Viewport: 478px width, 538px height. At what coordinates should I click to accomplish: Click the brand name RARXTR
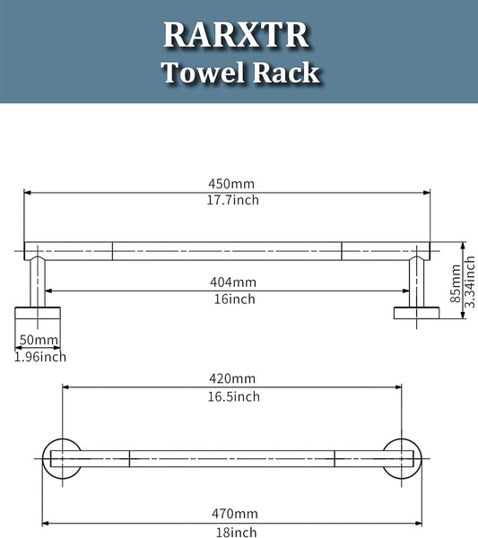[x=236, y=35]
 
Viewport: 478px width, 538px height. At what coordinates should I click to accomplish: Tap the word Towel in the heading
[x=204, y=73]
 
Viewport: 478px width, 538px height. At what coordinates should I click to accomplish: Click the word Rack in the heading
[x=286, y=73]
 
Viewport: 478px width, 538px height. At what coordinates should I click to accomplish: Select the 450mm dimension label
[x=231, y=184]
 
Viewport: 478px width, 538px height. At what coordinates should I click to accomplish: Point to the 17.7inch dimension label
[x=232, y=200]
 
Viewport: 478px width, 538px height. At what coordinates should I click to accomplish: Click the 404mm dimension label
[x=233, y=282]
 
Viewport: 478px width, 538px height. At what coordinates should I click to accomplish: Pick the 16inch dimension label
[x=235, y=299]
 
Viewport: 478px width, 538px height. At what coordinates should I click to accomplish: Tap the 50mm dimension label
[x=39, y=340]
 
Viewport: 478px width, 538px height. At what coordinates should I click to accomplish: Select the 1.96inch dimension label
[x=40, y=357]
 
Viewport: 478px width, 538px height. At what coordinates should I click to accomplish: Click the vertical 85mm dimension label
[x=456, y=283]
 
